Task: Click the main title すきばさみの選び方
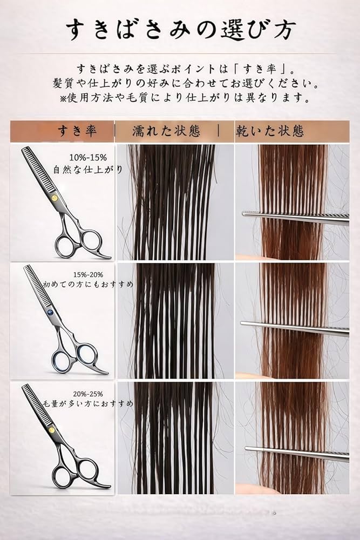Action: coord(180,30)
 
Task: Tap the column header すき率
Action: coord(77,131)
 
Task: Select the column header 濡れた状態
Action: coord(166,131)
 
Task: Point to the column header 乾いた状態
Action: coord(270,131)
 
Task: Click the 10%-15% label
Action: coord(88,157)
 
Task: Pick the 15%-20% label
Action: coord(88,275)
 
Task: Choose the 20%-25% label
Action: coord(88,394)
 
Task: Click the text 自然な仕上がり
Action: coord(88,170)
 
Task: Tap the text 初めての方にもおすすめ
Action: coord(88,285)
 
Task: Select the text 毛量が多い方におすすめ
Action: coord(88,403)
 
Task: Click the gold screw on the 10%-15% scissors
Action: coord(55,198)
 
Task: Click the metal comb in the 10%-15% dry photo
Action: coord(295,218)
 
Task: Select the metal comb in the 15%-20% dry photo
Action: coord(295,328)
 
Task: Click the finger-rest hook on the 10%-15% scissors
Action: coord(103,254)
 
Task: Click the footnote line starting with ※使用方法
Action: coord(185,98)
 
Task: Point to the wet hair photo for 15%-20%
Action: coord(175,320)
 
